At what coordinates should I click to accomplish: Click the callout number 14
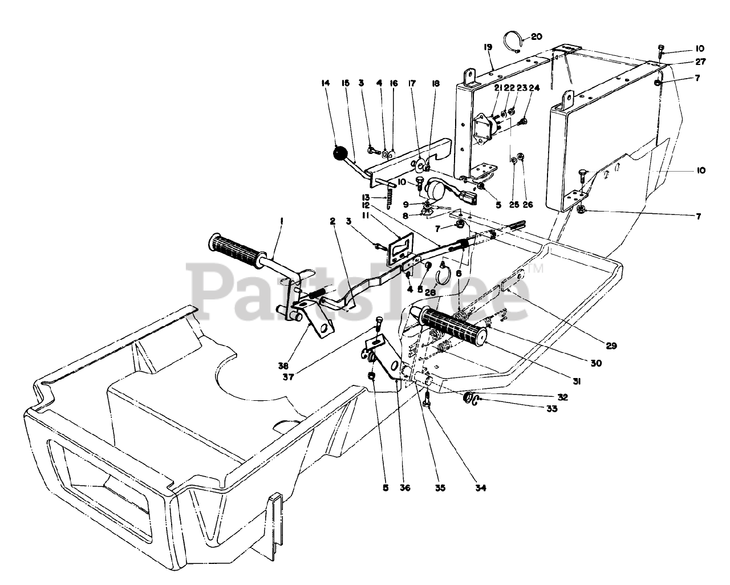click(x=326, y=83)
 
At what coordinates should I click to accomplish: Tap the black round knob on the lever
click(x=340, y=153)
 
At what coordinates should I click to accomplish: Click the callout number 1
click(x=281, y=221)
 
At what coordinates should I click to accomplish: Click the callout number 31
click(x=576, y=383)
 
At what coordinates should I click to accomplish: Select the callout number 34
click(x=481, y=488)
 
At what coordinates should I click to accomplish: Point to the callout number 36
click(x=404, y=488)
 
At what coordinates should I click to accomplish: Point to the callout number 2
click(x=331, y=221)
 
